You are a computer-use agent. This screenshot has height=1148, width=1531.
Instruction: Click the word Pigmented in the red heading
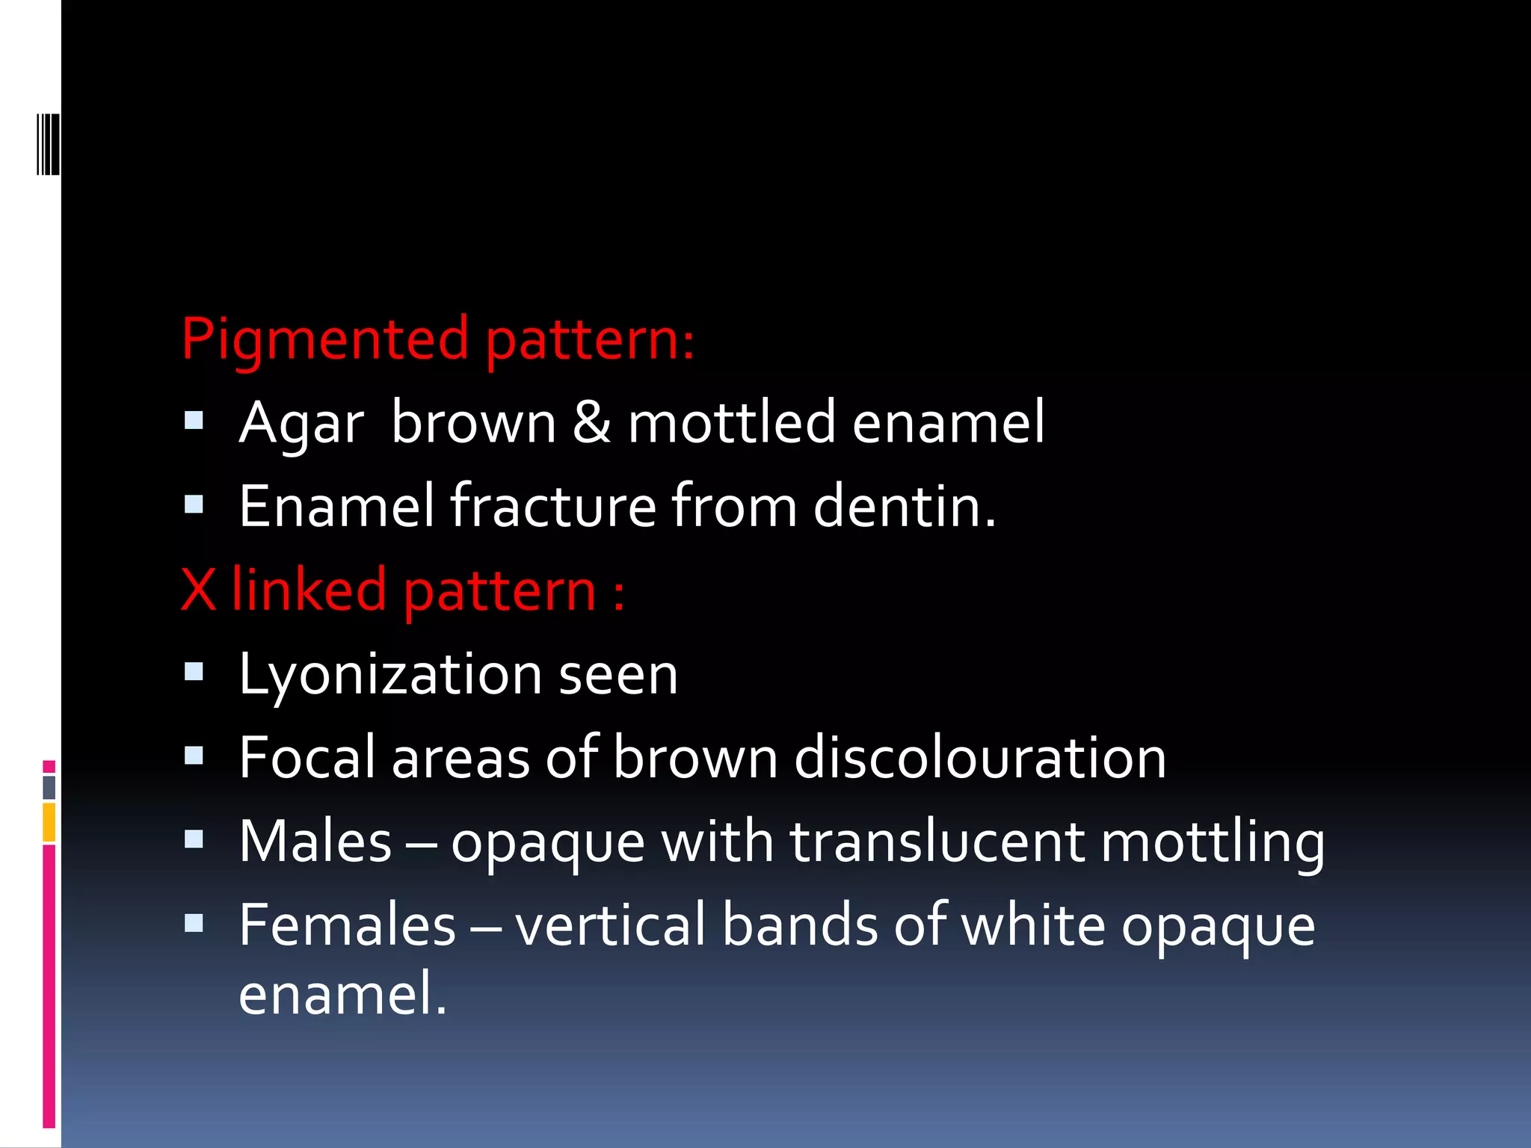[x=324, y=341]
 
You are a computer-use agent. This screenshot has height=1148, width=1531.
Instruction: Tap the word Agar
[x=301, y=425]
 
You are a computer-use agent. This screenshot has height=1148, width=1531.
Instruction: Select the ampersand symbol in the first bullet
[x=591, y=423]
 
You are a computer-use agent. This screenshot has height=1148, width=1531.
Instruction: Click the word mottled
[x=731, y=423]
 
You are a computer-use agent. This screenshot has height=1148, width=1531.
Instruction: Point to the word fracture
[x=553, y=507]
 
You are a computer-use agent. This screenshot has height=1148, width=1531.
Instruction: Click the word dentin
[x=904, y=507]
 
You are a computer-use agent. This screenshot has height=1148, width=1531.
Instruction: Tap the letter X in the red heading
[x=198, y=590]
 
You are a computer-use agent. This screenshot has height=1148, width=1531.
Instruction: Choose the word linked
[x=309, y=590]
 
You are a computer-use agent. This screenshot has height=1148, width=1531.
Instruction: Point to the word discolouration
[x=980, y=758]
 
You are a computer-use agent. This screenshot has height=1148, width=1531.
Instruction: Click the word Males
[x=315, y=842]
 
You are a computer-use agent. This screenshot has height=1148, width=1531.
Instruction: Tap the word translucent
[x=937, y=842]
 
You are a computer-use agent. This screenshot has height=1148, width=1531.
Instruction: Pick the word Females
[x=348, y=926]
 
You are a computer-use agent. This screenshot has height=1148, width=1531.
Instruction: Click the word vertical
[x=610, y=926]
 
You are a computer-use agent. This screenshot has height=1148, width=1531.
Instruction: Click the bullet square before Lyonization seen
[x=194, y=672]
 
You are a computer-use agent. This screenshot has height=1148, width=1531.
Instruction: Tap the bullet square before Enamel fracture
[x=194, y=504]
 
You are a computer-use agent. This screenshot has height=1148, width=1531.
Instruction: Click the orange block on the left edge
[x=49, y=822]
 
